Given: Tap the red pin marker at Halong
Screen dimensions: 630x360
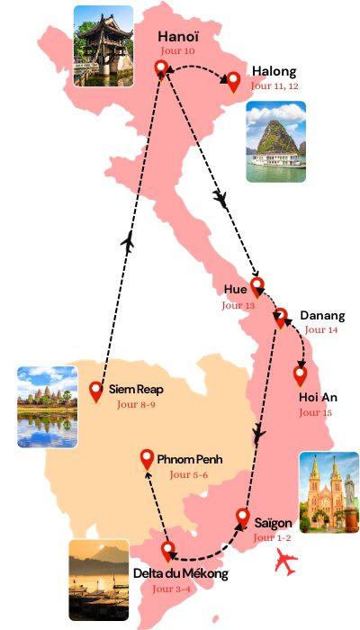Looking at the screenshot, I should click(x=233, y=82).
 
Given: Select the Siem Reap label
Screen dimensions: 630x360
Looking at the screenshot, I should click(x=136, y=390).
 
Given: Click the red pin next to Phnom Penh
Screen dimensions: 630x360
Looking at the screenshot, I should click(x=148, y=459).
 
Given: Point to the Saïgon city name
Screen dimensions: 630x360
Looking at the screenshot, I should click(x=274, y=522).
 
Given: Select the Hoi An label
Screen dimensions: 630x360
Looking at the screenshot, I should click(x=318, y=397).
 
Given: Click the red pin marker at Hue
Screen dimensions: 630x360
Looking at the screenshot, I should click(x=257, y=286).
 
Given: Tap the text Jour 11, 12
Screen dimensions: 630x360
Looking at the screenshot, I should click(x=274, y=86).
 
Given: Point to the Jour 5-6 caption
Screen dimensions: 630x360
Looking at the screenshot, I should click(x=189, y=474).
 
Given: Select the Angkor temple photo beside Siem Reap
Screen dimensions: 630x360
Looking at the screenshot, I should click(x=47, y=407).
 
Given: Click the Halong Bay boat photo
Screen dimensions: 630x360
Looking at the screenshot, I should click(x=275, y=141).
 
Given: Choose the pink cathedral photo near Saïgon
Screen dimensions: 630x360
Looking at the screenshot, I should click(x=328, y=493).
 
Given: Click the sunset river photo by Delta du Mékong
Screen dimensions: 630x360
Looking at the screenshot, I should click(x=98, y=580).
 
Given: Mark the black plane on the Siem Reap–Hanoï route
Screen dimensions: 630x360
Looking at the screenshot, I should click(x=128, y=241).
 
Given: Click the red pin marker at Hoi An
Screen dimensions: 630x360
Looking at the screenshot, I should click(x=301, y=374).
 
